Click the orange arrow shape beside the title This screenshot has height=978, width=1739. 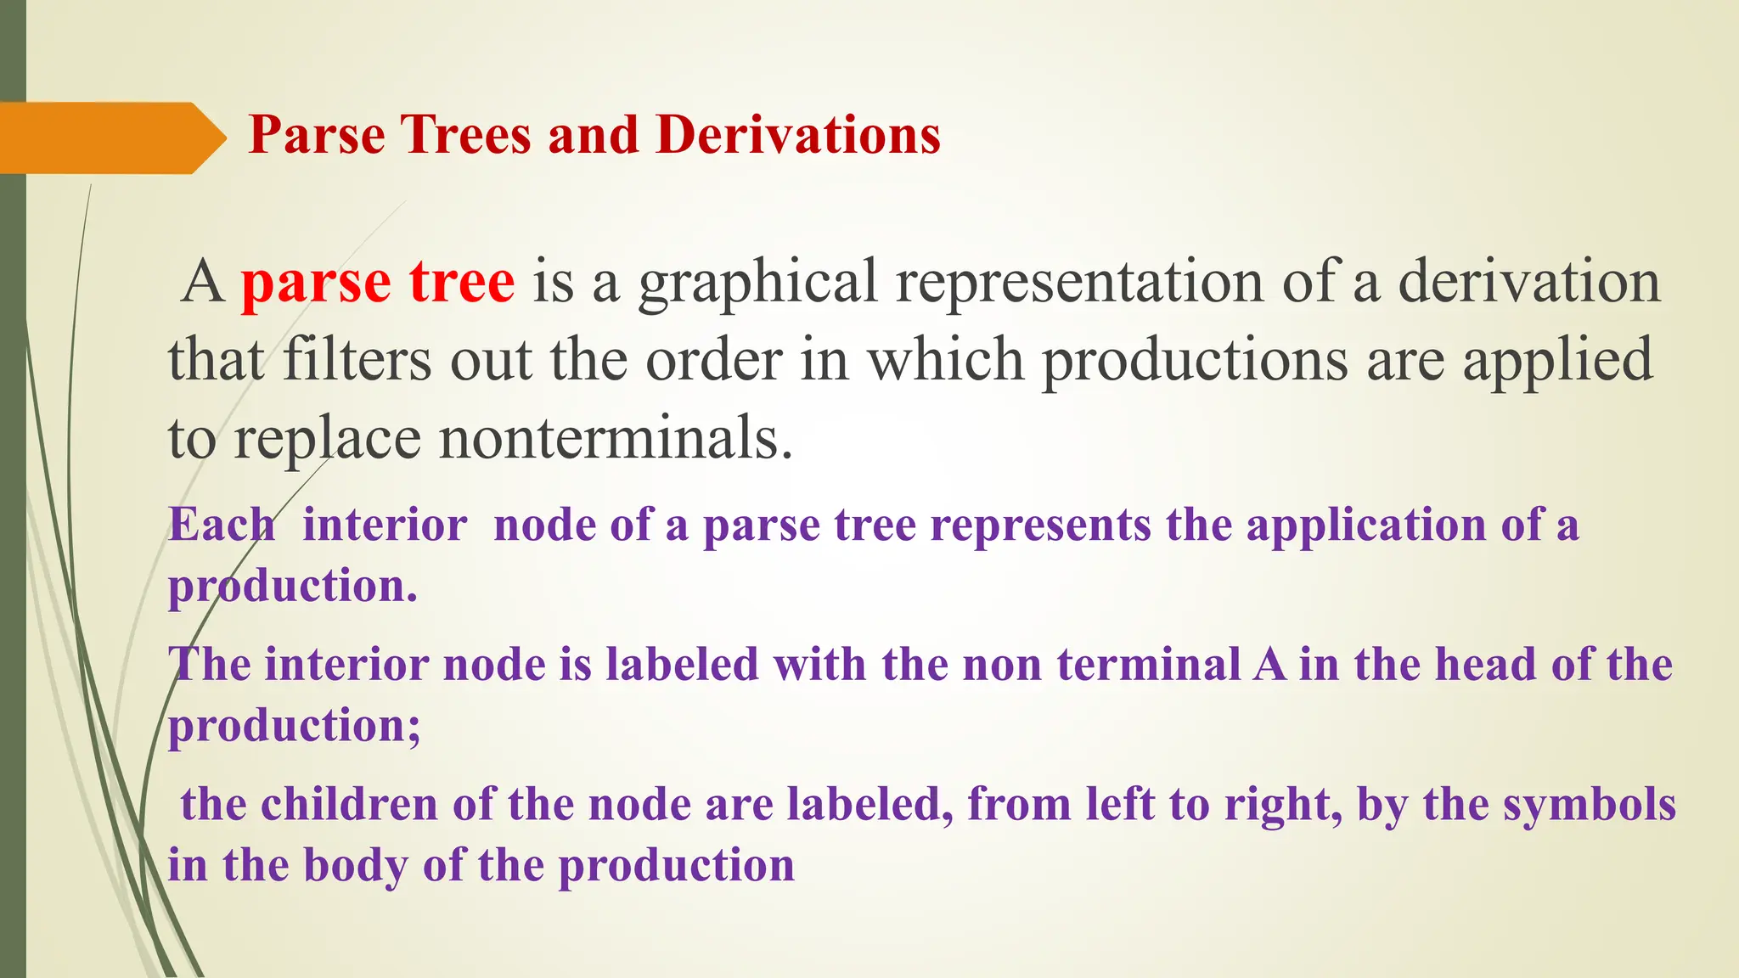point(110,138)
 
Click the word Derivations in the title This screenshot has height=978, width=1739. point(798,135)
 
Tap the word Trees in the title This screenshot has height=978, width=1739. point(466,135)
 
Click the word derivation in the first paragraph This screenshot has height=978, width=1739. point(1528,282)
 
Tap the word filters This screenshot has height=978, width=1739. point(357,360)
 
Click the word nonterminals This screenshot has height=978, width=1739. point(616,438)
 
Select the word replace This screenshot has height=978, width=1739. point(327,440)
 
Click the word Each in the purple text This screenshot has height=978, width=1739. point(222,524)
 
